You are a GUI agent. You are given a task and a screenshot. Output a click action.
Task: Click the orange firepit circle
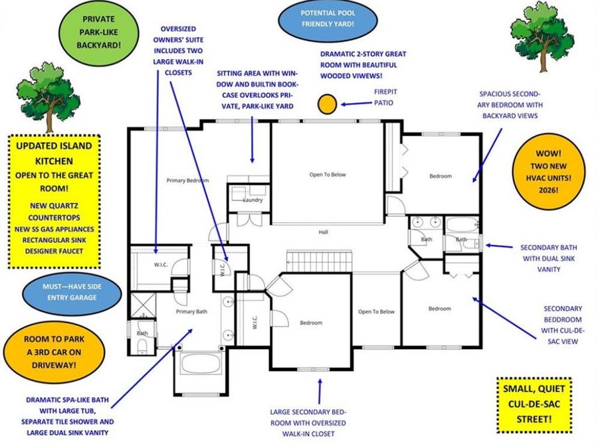click(327, 104)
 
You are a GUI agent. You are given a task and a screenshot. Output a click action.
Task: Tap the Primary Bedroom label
click(187, 181)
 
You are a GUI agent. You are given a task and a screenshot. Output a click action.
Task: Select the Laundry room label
click(252, 200)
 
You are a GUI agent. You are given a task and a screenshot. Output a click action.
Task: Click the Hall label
click(324, 232)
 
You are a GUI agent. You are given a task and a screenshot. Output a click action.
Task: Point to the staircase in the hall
click(318, 260)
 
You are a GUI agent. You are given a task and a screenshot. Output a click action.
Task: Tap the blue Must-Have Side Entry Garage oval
click(72, 292)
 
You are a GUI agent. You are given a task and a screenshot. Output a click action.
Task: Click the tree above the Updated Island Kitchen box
click(49, 98)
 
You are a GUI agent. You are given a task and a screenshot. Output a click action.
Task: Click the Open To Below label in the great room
click(328, 175)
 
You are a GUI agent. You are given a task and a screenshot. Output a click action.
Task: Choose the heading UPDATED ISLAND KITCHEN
click(55, 153)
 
